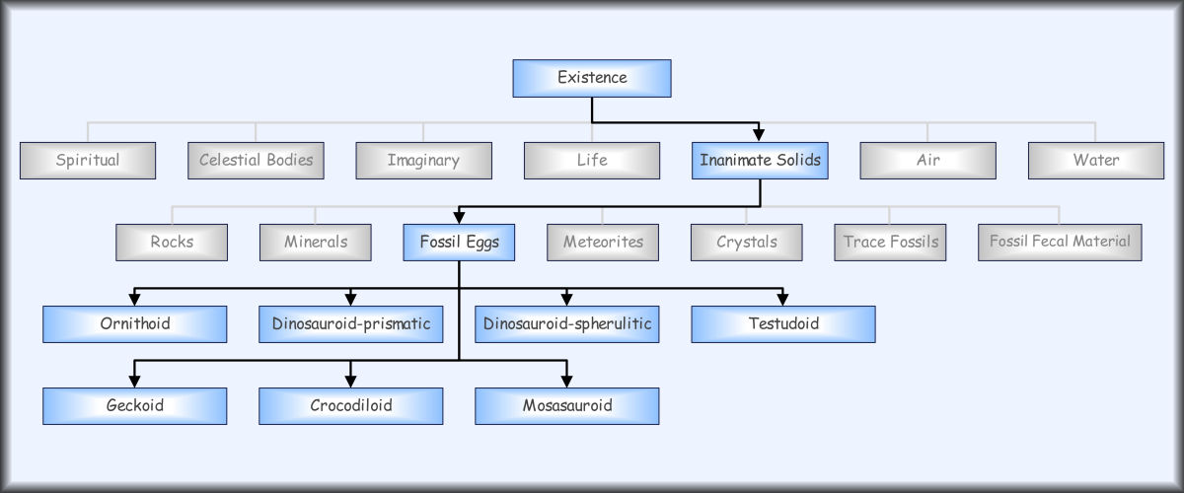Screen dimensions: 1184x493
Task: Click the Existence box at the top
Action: click(592, 78)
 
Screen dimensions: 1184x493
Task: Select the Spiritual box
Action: click(88, 161)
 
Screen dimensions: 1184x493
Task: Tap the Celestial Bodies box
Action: click(256, 161)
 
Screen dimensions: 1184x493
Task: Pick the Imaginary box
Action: click(424, 161)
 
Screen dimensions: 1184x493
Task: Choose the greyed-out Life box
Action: click(592, 161)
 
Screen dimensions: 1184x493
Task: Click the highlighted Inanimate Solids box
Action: click(760, 161)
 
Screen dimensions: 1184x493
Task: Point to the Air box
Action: click(928, 161)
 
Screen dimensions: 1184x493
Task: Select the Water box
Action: click(1096, 161)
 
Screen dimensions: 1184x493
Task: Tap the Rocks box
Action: click(172, 243)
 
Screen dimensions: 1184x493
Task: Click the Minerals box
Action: click(316, 243)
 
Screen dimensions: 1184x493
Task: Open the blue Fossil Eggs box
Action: click(459, 243)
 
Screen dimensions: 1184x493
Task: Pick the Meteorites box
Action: click(603, 243)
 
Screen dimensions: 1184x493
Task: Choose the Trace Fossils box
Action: click(890, 243)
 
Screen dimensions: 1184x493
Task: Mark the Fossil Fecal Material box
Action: click(1060, 243)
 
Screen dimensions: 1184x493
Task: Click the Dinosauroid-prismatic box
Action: click(351, 324)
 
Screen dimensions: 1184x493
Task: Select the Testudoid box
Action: click(783, 324)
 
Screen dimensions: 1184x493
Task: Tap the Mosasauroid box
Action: click(567, 406)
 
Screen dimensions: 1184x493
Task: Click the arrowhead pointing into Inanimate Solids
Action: click(759, 135)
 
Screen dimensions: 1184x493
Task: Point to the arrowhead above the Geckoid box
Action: click(135, 381)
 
